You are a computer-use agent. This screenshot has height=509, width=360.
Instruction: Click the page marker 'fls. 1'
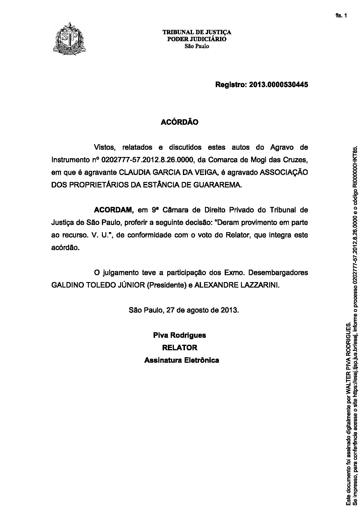(x=341, y=16)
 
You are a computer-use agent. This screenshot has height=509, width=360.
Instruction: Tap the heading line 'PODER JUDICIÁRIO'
(x=197, y=39)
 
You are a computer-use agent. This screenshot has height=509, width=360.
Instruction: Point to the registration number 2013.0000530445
(x=278, y=85)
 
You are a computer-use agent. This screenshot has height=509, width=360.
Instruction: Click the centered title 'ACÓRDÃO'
(x=180, y=122)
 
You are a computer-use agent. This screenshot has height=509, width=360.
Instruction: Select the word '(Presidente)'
(x=166, y=285)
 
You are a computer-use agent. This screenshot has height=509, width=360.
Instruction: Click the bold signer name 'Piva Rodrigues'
(x=180, y=335)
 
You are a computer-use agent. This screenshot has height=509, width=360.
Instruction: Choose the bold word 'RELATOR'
(x=180, y=348)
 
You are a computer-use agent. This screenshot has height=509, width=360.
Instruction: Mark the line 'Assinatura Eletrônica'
(x=182, y=360)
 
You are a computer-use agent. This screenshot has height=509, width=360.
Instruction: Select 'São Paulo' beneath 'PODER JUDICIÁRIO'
(x=197, y=46)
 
